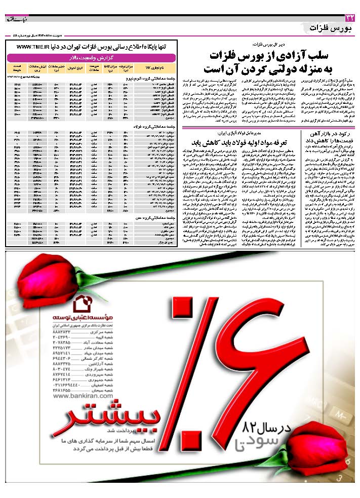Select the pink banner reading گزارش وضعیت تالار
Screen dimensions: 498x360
click(91, 57)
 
